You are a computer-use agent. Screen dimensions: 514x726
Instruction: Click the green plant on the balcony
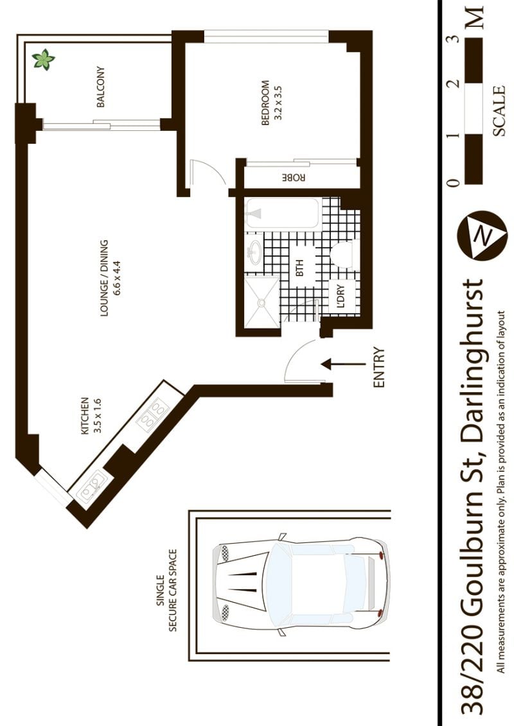[43, 60]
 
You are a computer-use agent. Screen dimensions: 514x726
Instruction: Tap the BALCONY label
[101, 87]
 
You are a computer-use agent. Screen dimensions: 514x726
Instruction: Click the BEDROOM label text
[265, 103]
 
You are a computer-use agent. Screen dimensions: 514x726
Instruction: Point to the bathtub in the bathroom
[282, 213]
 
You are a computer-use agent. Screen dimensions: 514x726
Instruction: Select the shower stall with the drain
[261, 302]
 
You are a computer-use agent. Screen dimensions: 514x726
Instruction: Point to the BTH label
[299, 268]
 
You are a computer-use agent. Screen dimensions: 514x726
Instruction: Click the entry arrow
[344, 364]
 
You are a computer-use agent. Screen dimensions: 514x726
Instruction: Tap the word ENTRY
[379, 368]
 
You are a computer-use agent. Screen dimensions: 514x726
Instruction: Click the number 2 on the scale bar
[454, 83]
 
